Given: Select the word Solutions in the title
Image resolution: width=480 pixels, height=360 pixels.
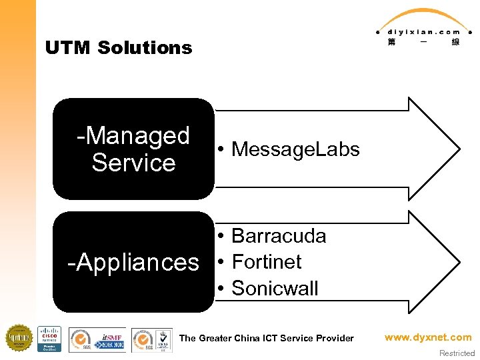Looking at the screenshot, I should tap(145, 48).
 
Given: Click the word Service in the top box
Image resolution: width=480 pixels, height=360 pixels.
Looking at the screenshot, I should tap(133, 163).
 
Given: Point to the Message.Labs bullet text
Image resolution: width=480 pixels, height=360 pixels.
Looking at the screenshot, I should tap(295, 149).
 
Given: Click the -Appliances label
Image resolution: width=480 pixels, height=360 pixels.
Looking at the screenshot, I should tap(133, 262).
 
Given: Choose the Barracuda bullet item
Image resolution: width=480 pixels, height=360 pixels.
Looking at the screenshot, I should tap(278, 236).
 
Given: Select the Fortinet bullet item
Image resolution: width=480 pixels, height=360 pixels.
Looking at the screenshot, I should tap(266, 262).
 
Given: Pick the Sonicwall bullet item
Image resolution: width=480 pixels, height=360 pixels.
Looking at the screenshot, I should tap(275, 289).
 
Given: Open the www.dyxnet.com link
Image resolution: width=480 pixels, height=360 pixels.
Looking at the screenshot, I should tap(428, 337).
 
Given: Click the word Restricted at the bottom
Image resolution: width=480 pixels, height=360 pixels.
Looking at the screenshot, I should tap(457, 353).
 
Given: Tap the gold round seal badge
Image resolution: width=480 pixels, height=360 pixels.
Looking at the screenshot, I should tap(19, 338).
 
